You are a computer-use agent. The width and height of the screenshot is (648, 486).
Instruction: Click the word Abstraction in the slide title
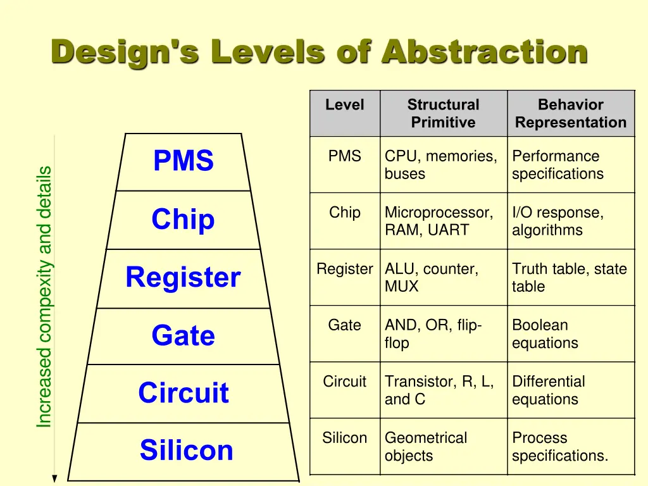pos(484,52)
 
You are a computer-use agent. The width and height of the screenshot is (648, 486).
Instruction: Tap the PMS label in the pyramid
pos(184,161)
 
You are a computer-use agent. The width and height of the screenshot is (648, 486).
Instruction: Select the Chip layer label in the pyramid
pos(183,220)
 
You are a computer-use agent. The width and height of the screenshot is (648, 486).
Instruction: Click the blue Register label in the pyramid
pos(183,278)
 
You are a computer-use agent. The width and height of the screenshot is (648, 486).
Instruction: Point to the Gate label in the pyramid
pos(183,335)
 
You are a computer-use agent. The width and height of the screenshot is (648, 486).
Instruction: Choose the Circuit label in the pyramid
pos(183,393)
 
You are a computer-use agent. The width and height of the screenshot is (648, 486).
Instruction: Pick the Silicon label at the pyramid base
pos(186,451)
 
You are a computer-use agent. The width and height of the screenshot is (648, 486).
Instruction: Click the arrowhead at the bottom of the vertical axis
pos(55,478)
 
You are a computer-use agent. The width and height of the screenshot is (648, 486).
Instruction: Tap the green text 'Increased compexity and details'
pos(44,297)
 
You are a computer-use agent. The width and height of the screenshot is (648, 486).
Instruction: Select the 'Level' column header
pos(344,105)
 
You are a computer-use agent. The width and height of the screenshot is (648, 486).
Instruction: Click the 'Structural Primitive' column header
pos(443,114)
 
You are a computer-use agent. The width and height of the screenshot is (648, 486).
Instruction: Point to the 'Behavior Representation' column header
pos(570,114)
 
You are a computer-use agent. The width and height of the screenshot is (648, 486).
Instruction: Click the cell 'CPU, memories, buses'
pos(440,165)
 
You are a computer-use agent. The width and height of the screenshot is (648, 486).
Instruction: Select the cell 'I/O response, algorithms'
pos(558,221)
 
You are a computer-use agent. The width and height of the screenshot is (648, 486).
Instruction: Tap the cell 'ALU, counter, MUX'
pos(431,278)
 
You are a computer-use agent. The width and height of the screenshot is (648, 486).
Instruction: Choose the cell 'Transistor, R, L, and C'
pos(439,390)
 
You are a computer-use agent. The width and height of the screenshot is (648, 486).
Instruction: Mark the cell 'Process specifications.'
pos(559,447)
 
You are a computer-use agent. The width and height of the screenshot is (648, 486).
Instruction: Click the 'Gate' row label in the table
pos(344,325)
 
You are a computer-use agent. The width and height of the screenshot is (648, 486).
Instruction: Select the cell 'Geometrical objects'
pos(425,447)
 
